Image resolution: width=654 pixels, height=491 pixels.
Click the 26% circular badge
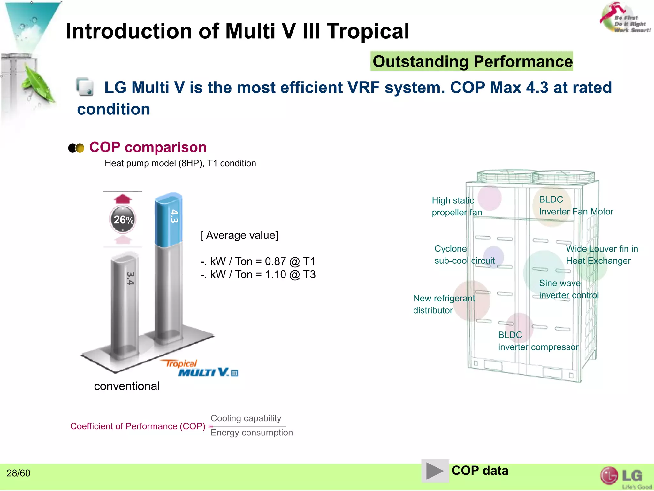click(x=123, y=220)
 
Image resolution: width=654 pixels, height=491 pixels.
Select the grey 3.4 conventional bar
click(x=125, y=304)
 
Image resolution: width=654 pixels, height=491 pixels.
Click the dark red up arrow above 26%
click(x=123, y=199)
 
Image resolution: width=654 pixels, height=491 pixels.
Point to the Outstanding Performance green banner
click(x=472, y=61)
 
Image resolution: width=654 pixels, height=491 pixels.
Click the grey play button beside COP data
click(x=435, y=471)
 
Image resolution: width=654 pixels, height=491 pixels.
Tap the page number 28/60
click(x=19, y=473)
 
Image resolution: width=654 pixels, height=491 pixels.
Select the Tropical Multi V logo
click(x=201, y=369)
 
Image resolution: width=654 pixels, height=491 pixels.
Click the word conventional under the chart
click(x=127, y=386)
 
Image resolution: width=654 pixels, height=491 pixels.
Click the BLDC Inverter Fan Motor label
click(x=576, y=206)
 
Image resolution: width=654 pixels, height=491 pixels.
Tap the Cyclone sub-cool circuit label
click(x=464, y=255)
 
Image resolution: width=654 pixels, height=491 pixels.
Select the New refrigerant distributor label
click(x=444, y=304)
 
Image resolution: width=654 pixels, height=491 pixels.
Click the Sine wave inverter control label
click(x=568, y=289)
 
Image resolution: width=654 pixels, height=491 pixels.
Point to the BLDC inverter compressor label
click(x=538, y=341)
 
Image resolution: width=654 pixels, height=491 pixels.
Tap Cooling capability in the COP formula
click(x=246, y=418)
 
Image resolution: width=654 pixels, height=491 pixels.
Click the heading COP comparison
click(x=148, y=147)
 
